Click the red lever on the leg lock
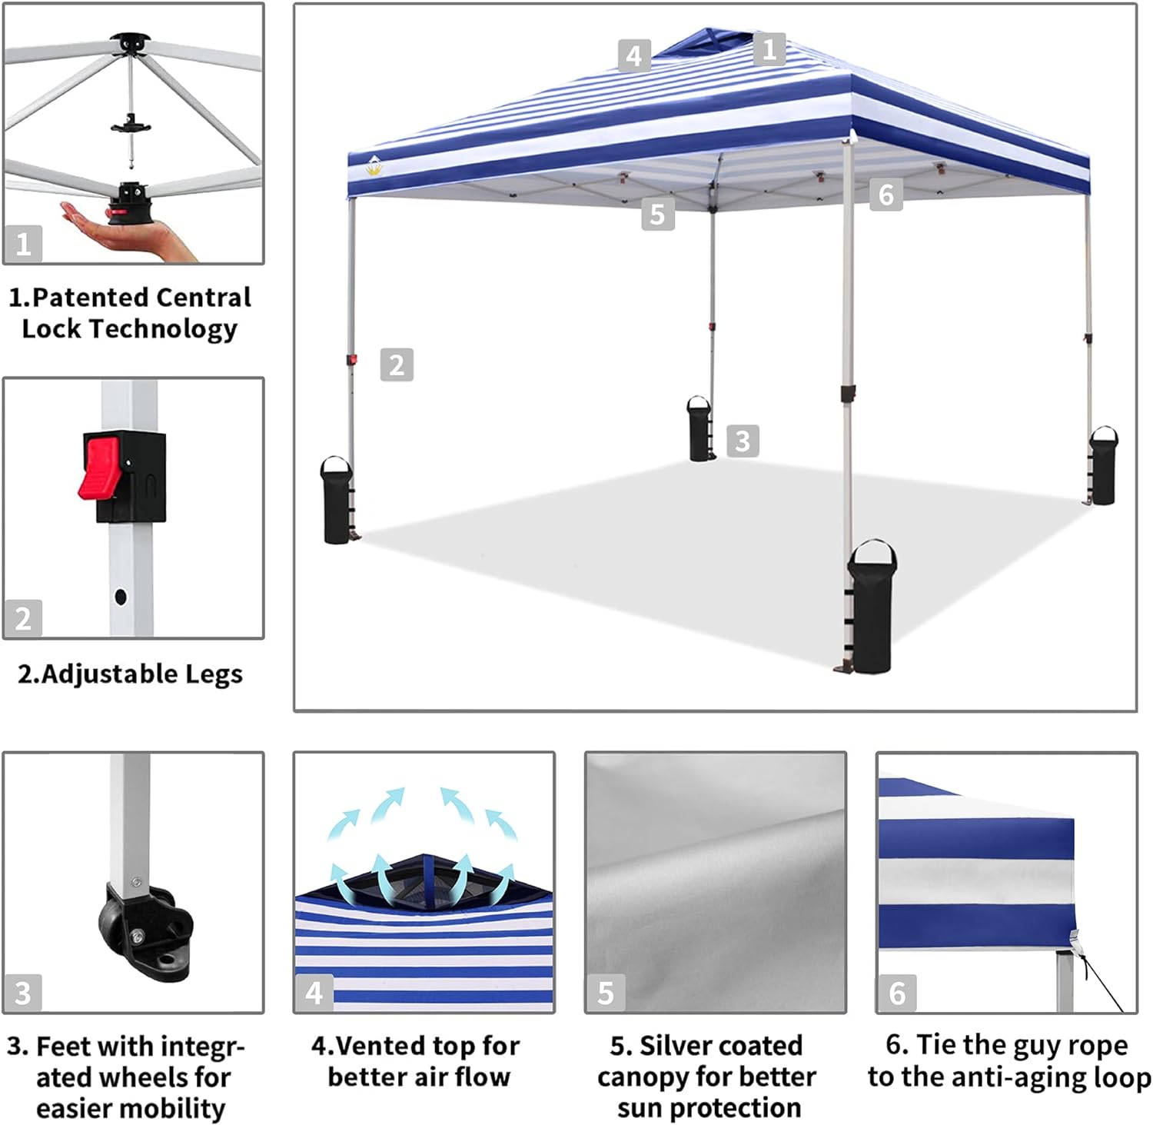pyautogui.click(x=101, y=465)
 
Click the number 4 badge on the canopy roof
pyautogui.click(x=634, y=55)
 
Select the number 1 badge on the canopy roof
pyautogui.click(x=769, y=49)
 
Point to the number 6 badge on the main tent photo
pyautogui.click(x=886, y=195)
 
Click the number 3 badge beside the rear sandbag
pyautogui.click(x=743, y=441)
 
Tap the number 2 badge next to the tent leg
pyautogui.click(x=397, y=364)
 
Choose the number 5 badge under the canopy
pyautogui.click(x=657, y=214)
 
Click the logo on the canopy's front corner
pyautogui.click(x=374, y=165)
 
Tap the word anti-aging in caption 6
pyautogui.click(x=1029, y=1077)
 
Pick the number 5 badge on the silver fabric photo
pyautogui.click(x=606, y=993)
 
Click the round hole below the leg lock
pyautogui.click(x=121, y=596)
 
